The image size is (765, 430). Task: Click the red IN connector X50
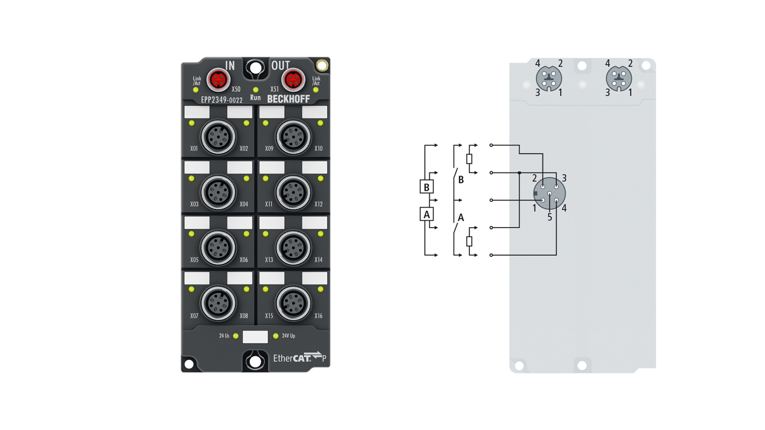(218, 80)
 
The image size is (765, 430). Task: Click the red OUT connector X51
(293, 80)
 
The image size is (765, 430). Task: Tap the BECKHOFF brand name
(288, 99)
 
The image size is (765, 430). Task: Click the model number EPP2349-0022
(222, 100)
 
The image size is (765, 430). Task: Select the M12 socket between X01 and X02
(218, 137)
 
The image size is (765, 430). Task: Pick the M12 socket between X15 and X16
(293, 304)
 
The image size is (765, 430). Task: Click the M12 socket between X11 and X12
(293, 193)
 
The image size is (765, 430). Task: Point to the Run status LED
(256, 90)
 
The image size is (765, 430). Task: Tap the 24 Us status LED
(236, 336)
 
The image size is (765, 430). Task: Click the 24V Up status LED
(276, 336)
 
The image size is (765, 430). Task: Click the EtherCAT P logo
(300, 357)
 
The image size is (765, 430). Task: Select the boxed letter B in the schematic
(427, 187)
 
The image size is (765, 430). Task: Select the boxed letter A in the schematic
(427, 214)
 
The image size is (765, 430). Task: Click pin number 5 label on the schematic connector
(550, 218)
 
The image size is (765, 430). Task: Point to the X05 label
(194, 260)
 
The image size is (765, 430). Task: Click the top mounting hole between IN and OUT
(256, 67)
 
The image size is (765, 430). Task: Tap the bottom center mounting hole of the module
(255, 362)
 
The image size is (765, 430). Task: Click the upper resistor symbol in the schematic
(469, 159)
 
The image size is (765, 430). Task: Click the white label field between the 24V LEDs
(255, 337)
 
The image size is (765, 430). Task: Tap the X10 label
(318, 149)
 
